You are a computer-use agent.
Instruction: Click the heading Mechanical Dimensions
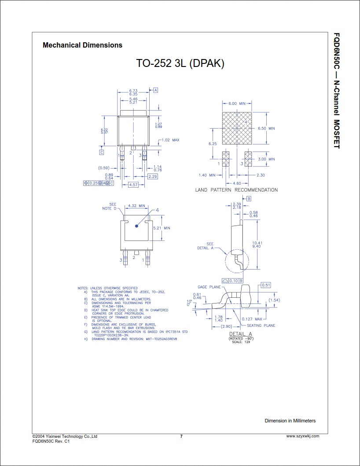click(x=82, y=45)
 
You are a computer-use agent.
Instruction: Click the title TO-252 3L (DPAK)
click(x=180, y=63)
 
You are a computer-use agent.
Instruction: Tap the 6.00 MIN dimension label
click(x=236, y=104)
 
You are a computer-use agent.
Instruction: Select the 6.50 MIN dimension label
click(x=266, y=128)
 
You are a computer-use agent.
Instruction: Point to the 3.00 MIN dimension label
click(x=266, y=159)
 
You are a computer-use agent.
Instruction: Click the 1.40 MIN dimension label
click(x=207, y=175)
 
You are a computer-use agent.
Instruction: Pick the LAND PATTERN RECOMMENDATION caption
click(x=236, y=190)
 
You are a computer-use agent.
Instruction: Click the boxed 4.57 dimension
click(x=133, y=185)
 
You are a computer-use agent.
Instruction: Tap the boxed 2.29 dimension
click(x=153, y=176)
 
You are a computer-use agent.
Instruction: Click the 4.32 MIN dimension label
click(x=136, y=206)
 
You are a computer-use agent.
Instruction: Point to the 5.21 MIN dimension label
click(x=161, y=228)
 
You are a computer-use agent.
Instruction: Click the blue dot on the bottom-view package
click(x=136, y=226)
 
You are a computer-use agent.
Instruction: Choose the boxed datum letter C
click(x=101, y=152)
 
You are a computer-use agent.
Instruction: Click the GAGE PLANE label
click(x=209, y=287)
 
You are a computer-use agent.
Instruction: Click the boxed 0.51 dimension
click(x=266, y=285)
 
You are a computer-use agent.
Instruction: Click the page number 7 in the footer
click(x=181, y=436)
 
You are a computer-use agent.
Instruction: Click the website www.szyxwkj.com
click(x=302, y=436)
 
